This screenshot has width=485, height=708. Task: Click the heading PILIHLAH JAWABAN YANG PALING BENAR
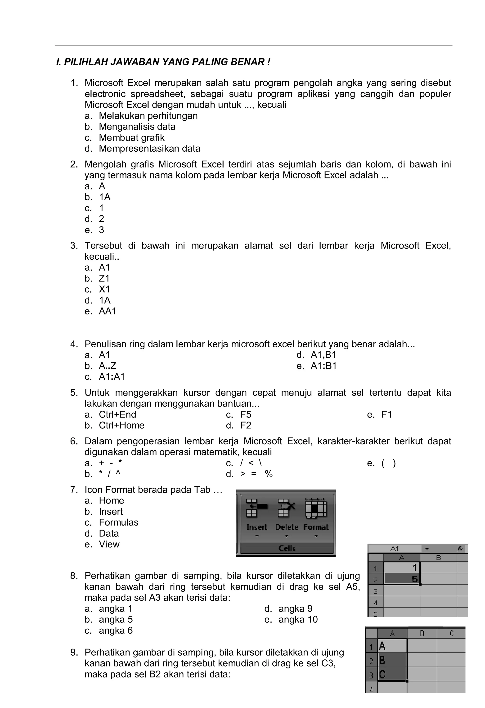click(x=163, y=62)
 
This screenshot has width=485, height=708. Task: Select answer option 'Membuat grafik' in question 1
click(x=131, y=137)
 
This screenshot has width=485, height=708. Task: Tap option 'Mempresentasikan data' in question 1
click(x=149, y=148)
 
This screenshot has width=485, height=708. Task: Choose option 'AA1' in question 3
click(x=108, y=311)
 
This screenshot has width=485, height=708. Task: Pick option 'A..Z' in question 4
click(x=108, y=366)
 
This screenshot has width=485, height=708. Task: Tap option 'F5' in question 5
click(x=245, y=414)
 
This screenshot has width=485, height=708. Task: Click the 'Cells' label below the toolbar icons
click(x=287, y=548)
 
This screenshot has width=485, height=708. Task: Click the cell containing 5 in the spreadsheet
click(x=401, y=579)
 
